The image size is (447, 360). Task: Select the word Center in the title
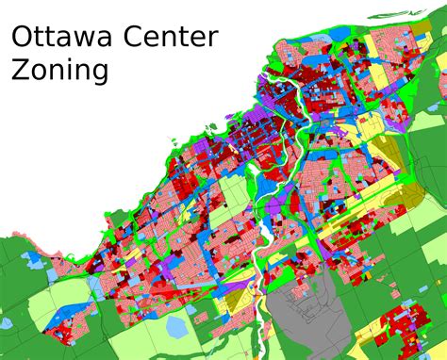(174, 38)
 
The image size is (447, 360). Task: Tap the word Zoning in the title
(58, 71)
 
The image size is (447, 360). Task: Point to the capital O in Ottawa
(20, 38)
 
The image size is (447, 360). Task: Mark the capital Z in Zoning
(17, 70)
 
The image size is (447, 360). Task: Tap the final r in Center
(214, 41)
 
